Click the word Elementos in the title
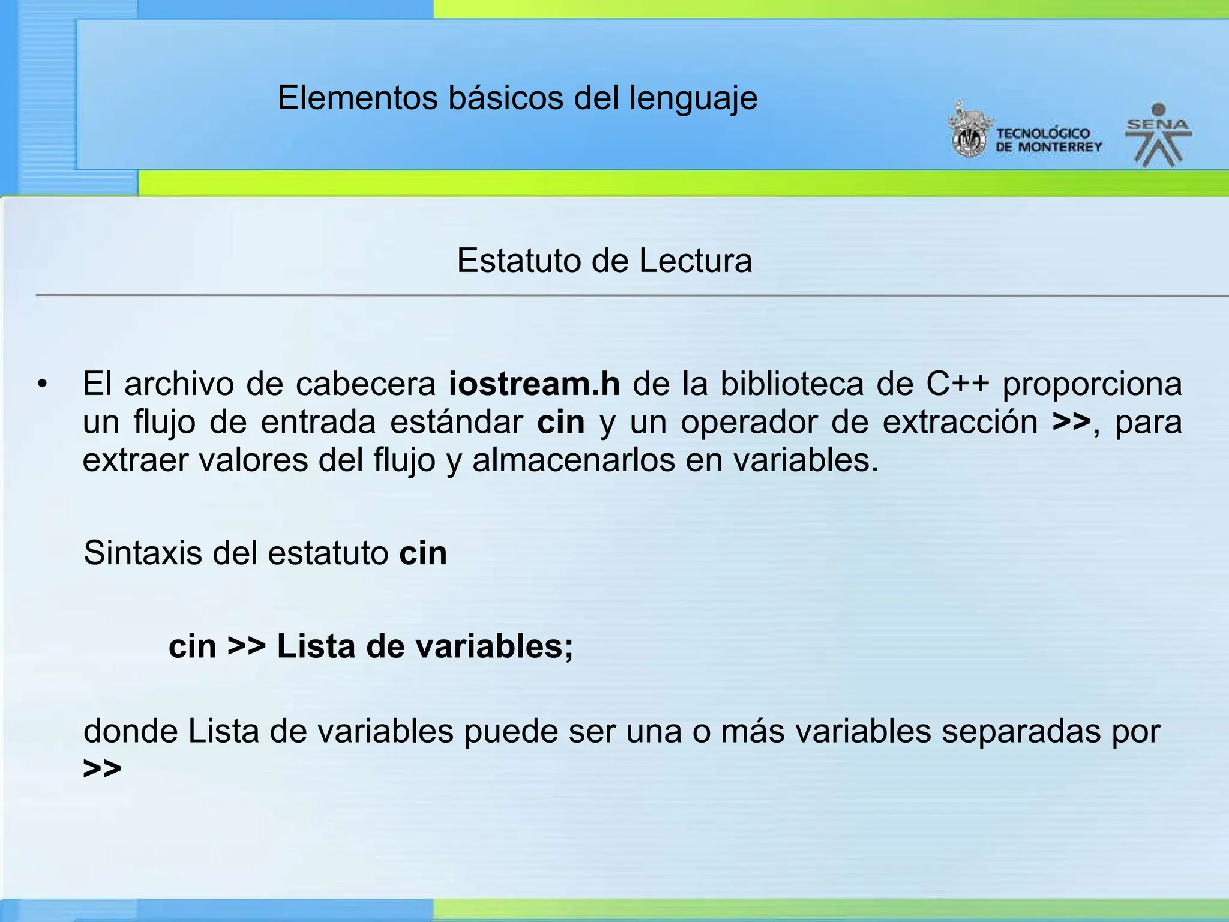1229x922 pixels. (358, 98)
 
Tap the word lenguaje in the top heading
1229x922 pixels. (693, 99)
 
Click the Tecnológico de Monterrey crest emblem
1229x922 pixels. (967, 131)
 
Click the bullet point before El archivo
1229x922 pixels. (41, 384)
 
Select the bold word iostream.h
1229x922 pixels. (534, 384)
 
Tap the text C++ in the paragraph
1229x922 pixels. (957, 384)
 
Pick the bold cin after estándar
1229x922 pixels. (560, 422)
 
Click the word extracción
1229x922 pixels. (960, 422)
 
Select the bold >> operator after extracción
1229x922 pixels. (1071, 422)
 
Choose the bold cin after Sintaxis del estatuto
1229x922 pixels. (423, 553)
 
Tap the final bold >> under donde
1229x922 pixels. (102, 768)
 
